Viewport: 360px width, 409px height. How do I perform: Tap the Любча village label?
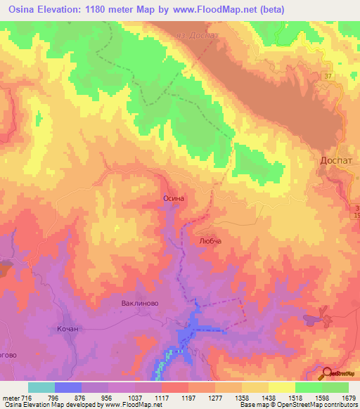210,240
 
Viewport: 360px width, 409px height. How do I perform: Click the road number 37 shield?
328,74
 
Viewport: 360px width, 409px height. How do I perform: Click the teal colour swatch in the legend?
41,387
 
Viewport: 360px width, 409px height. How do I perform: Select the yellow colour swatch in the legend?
282,387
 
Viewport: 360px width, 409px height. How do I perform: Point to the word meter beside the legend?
11,398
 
